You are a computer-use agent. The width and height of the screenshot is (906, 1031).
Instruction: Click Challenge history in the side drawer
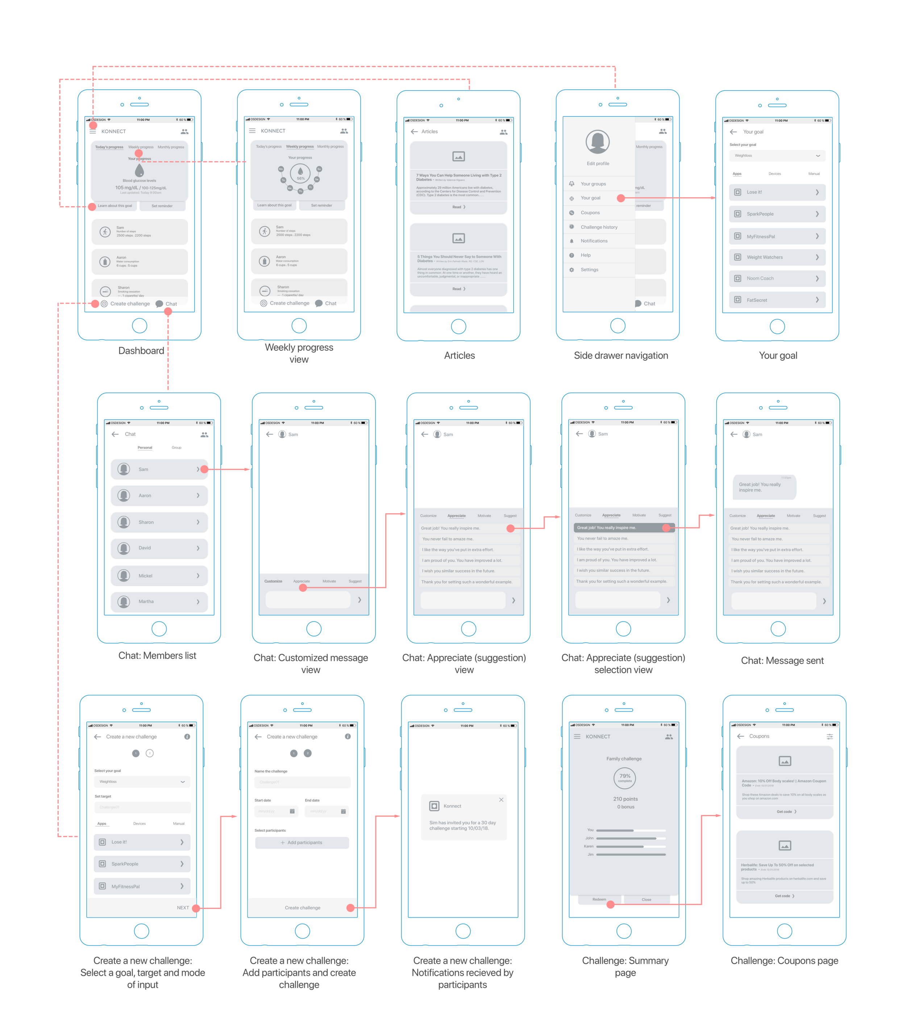click(x=598, y=227)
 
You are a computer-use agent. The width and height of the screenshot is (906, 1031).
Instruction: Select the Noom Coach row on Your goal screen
click(x=777, y=278)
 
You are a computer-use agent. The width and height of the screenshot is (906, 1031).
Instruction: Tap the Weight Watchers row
click(x=777, y=257)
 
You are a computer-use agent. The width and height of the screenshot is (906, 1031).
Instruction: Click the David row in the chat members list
click(x=159, y=548)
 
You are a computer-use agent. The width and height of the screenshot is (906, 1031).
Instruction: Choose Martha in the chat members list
click(x=159, y=601)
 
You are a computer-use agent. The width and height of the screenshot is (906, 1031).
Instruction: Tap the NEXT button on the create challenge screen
click(x=183, y=907)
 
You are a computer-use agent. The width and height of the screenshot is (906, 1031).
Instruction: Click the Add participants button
click(x=302, y=842)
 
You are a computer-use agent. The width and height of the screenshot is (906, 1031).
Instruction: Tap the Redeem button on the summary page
click(x=599, y=899)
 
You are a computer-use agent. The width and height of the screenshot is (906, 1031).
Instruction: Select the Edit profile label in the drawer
click(x=598, y=163)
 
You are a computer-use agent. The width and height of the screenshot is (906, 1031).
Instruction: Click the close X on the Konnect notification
click(x=501, y=799)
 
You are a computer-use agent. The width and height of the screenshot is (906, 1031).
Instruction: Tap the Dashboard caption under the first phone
click(x=141, y=350)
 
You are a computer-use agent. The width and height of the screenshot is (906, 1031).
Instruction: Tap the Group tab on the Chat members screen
click(x=176, y=448)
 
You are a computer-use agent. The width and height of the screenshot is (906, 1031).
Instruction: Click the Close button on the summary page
click(x=646, y=899)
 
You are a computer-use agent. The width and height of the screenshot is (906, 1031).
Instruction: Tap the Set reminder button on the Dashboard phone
click(x=162, y=206)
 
